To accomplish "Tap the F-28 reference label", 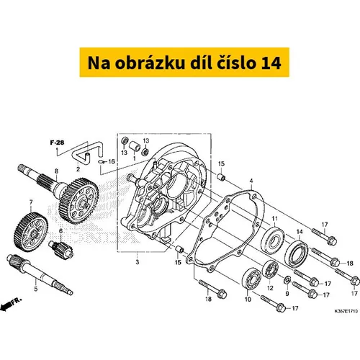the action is (x=57, y=143).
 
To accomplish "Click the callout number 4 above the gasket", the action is (x=251, y=181).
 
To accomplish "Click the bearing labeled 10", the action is (x=251, y=280).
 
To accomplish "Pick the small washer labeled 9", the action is (x=287, y=279).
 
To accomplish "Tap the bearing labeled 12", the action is (x=270, y=269).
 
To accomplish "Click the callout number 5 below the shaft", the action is (x=36, y=289).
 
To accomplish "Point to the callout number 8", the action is (x=56, y=171).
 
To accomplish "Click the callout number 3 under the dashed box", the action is (x=138, y=261).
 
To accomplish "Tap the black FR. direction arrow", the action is (x=5, y=307).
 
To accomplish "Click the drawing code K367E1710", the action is (x=346, y=311).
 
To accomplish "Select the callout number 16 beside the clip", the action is (x=112, y=161).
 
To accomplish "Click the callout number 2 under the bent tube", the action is (x=78, y=169).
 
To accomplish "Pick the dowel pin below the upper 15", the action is (x=221, y=178).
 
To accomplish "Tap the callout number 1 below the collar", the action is (x=135, y=158).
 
